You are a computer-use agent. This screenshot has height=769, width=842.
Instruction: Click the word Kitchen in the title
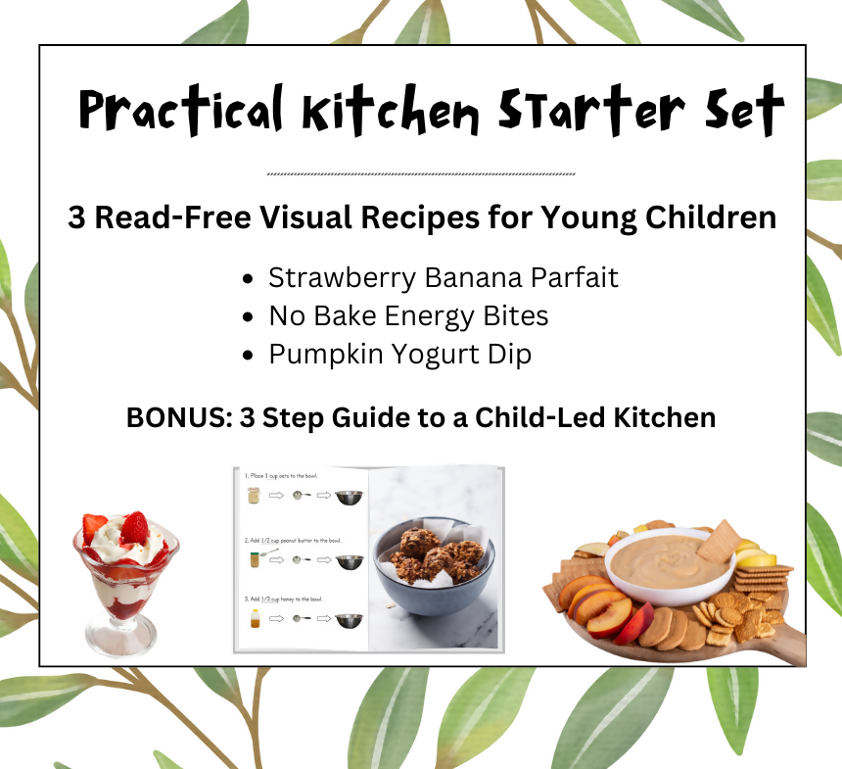(x=389, y=110)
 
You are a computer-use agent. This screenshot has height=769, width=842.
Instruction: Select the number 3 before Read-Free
(x=77, y=217)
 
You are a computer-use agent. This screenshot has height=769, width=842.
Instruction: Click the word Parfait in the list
(x=575, y=278)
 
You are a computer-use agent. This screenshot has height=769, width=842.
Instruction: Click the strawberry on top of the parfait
(x=134, y=528)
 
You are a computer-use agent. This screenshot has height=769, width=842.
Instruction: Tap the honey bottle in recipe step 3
(x=254, y=619)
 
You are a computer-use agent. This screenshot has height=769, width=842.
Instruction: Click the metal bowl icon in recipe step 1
(x=349, y=497)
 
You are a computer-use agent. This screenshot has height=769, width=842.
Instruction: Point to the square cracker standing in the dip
(x=720, y=540)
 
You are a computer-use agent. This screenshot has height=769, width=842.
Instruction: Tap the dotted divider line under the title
(x=421, y=174)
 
